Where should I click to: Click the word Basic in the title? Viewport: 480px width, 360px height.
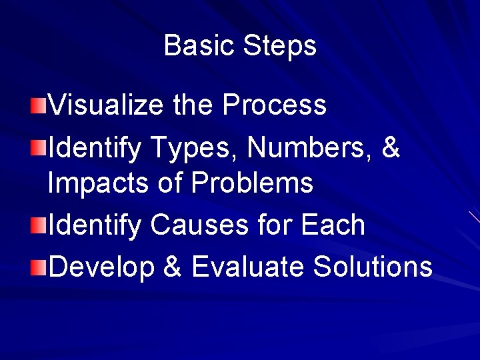tap(199, 46)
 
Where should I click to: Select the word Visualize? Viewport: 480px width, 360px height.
tap(107, 105)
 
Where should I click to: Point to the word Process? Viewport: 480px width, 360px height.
tap(274, 105)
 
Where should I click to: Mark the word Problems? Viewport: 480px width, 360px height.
tap(253, 183)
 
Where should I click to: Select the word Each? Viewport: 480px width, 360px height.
tap(333, 225)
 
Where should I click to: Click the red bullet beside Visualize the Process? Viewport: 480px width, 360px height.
tap(39, 105)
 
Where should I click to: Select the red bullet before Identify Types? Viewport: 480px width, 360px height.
tap(39, 147)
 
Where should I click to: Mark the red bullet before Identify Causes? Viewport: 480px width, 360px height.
tap(39, 225)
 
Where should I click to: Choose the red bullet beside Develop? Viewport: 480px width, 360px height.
tap(39, 267)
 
